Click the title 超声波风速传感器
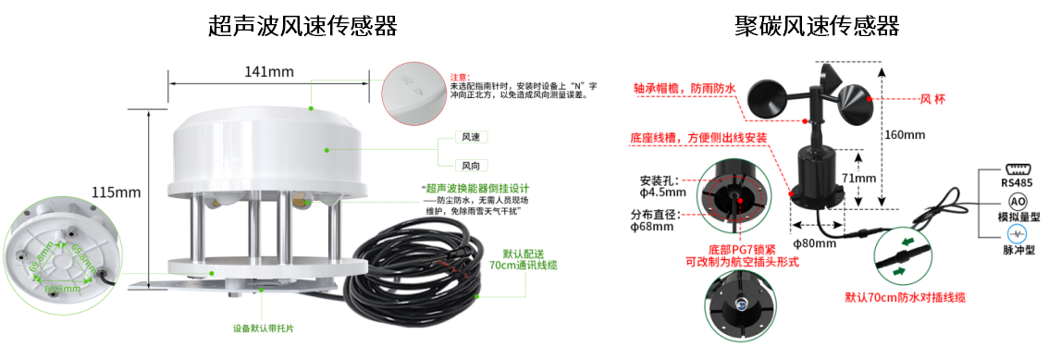pos(302,26)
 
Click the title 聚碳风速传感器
pos(817,26)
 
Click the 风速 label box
pos(474,137)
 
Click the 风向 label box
pos(474,166)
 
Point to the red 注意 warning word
pos(460,77)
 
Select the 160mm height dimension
pos(904,135)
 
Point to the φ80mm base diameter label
pos(815,244)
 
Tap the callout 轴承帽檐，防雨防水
pos(685,89)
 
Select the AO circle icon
pos(1018,201)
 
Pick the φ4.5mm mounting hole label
pos(662,186)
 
